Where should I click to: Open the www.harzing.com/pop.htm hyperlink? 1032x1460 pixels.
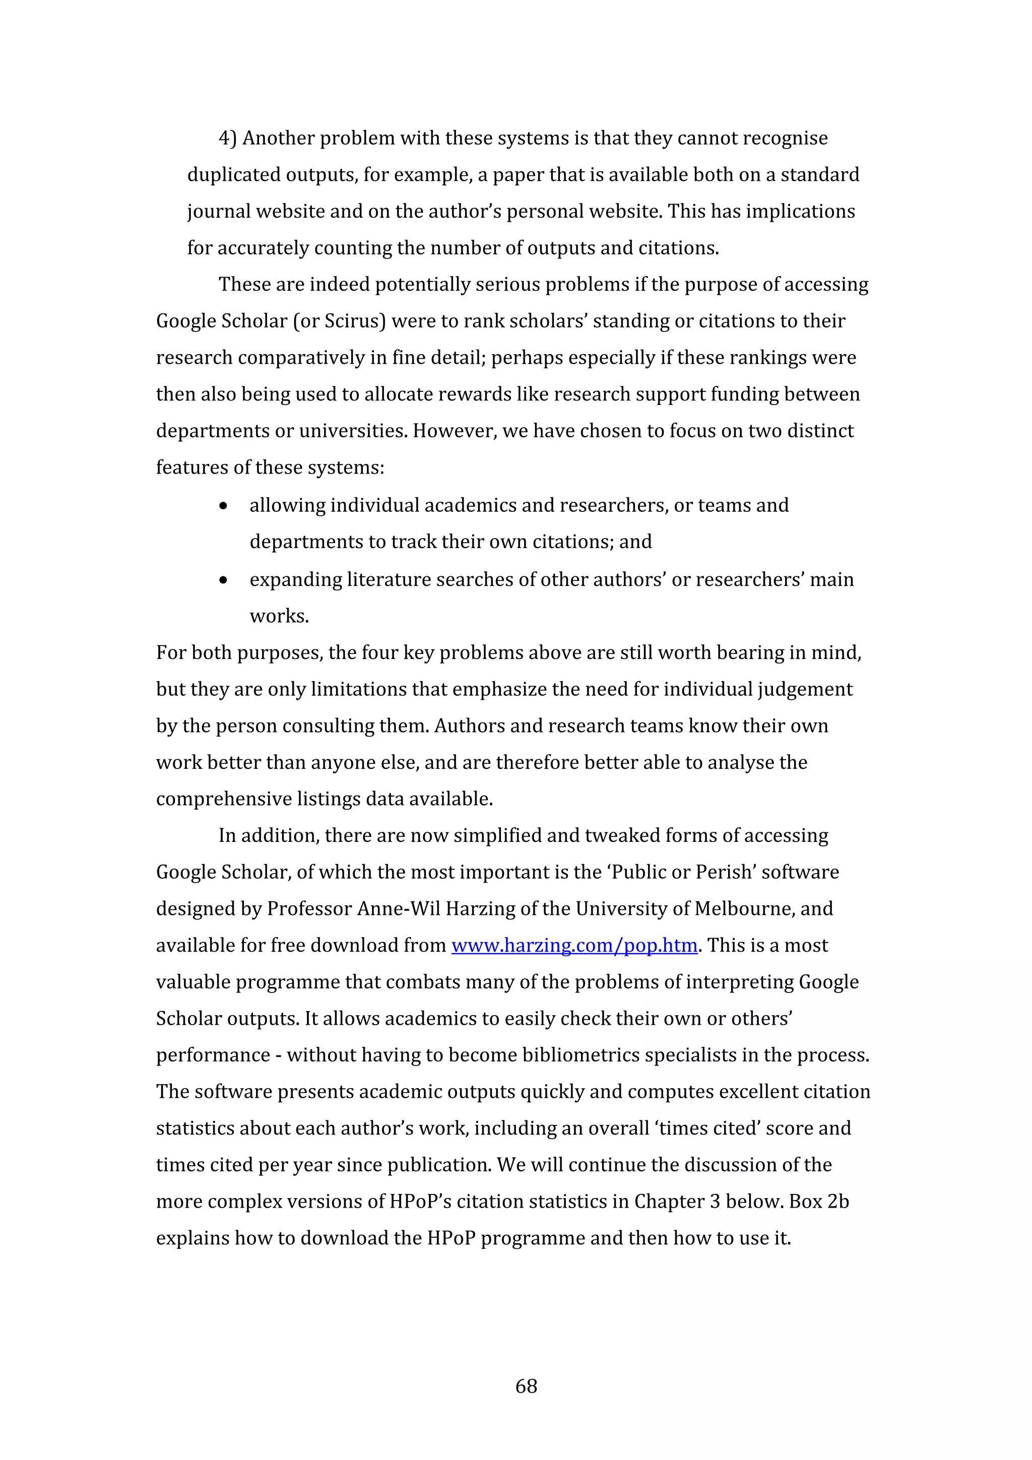pos(574,946)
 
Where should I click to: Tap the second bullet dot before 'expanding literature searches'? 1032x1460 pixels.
pos(223,580)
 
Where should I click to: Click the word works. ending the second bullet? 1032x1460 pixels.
pos(279,616)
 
